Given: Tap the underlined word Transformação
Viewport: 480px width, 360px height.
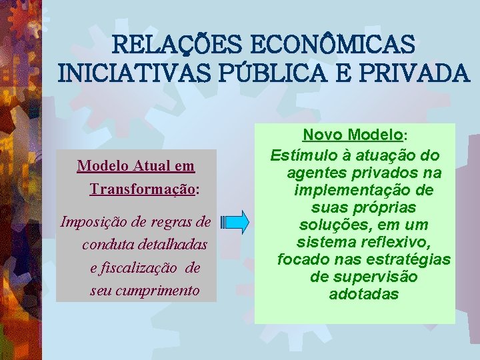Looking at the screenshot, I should click(142, 189).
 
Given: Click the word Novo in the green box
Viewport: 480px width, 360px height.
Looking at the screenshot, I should click(320, 135).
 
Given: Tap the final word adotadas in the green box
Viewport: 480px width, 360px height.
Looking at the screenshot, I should click(363, 293).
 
